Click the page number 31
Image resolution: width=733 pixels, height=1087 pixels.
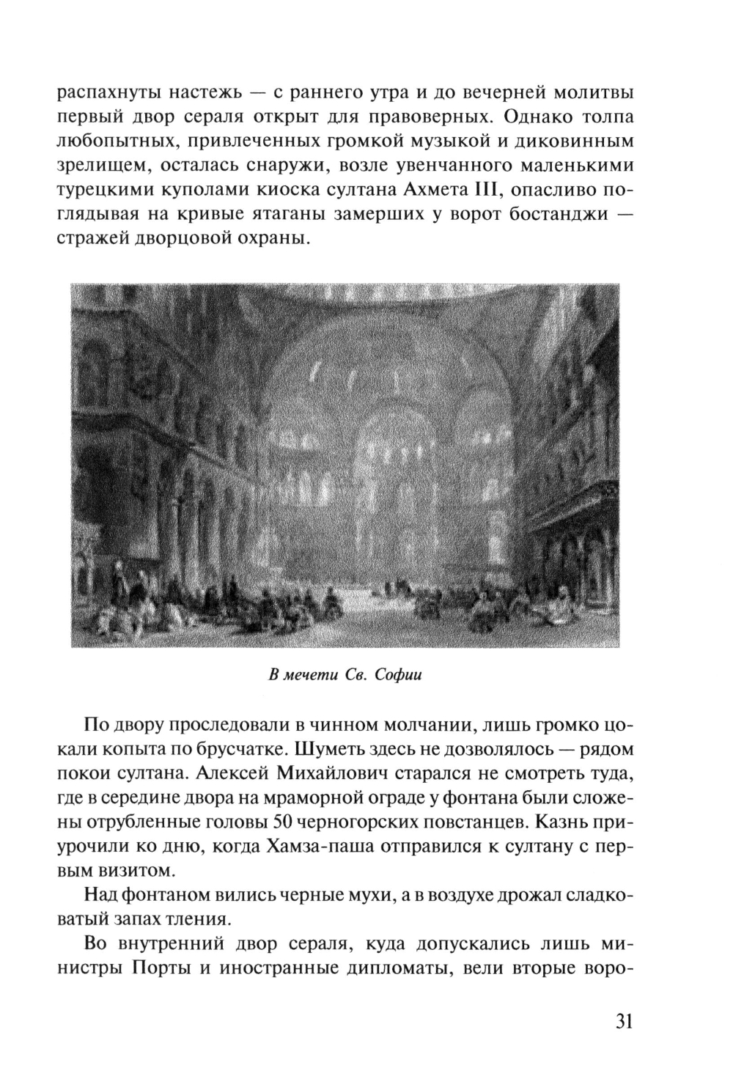pos(619,1021)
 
